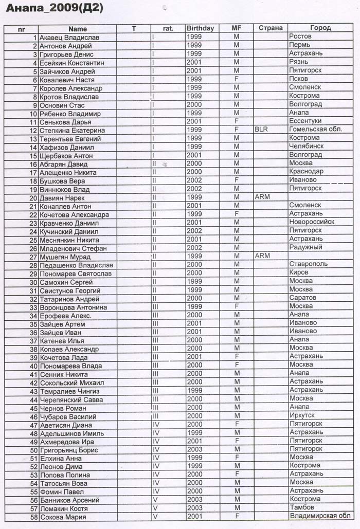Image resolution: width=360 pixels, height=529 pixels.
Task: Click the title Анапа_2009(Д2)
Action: point(55,8)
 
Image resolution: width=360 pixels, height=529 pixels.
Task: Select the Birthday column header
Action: point(200,29)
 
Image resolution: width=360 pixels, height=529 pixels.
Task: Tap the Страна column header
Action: point(271,29)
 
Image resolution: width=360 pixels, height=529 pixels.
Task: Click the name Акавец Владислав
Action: point(69,38)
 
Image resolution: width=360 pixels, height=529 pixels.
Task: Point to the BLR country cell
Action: point(261,130)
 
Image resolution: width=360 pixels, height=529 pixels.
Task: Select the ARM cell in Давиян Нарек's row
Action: point(262,198)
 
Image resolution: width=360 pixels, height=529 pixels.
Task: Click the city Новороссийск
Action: point(312,223)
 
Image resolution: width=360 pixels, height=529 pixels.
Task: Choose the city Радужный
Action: point(306,248)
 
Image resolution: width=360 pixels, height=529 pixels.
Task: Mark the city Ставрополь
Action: point(309,265)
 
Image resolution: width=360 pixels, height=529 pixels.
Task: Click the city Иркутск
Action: point(302,416)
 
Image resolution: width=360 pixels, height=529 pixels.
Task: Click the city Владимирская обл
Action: point(320,517)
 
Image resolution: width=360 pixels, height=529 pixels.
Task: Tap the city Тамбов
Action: point(302,508)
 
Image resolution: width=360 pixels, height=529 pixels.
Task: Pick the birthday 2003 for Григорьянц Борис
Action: point(195,450)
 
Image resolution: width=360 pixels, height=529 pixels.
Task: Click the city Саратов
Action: point(303,299)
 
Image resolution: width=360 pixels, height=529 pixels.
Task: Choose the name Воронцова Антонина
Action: point(73,307)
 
